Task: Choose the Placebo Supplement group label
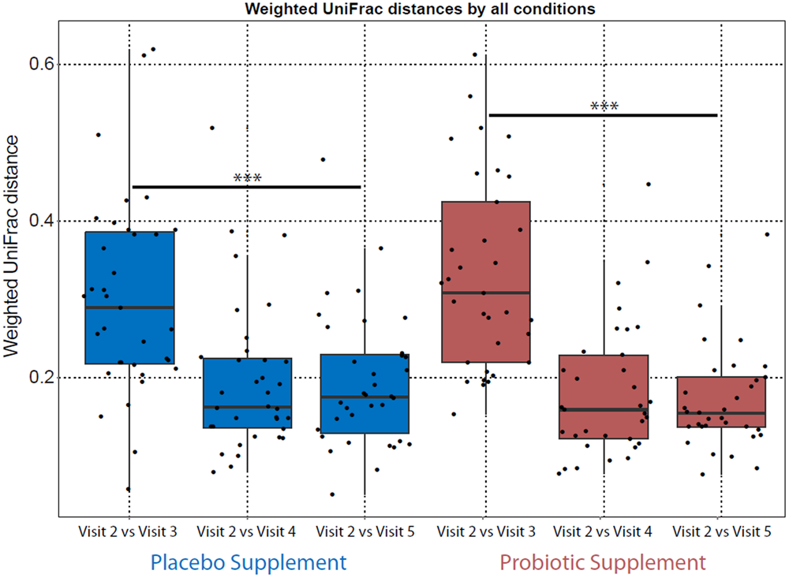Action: tap(248, 562)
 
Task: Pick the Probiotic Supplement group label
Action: tap(603, 562)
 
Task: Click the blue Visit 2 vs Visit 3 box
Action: tap(129, 268)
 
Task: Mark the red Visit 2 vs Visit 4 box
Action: tap(604, 386)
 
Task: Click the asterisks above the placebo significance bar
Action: tap(248, 178)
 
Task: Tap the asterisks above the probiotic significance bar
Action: tap(604, 106)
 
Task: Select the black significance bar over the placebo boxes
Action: tap(246, 188)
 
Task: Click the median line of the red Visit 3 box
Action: tap(485, 293)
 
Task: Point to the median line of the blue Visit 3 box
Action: tap(129, 307)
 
